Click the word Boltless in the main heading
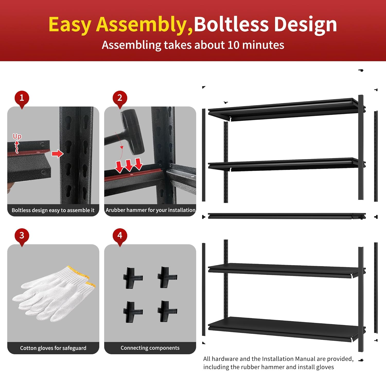tap(231, 24)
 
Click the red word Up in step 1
tap(17, 136)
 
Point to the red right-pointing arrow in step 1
tap(57, 154)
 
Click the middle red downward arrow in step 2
tap(129, 165)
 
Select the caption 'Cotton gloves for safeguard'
tap(53, 348)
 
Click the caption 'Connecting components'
tap(150, 348)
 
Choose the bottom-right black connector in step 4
tap(167, 312)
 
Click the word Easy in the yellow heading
tap(70, 25)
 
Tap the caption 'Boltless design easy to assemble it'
tap(53, 210)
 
